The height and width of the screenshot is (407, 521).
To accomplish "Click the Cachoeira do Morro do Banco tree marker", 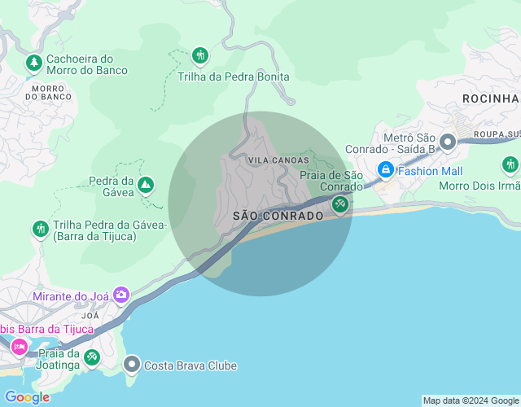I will coord(33,62).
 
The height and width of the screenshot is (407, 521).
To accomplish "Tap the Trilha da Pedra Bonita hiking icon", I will coord(200,56).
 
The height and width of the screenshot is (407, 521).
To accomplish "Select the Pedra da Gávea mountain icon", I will coord(146,186).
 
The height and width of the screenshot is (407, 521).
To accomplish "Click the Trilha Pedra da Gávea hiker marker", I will coord(40,230).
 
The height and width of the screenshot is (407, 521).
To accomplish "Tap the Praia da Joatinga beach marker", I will coord(92,357).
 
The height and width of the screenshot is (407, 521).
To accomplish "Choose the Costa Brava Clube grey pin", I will coord(132,365).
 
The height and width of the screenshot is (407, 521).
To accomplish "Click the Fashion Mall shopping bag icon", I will coord(385,170).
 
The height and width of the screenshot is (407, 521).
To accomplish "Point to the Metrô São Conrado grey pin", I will coord(447,143).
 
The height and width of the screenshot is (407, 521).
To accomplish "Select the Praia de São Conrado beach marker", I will coord(341,204).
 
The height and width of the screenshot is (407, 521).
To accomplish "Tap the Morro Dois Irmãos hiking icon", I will coord(510,164).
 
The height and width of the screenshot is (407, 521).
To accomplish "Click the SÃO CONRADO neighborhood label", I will coord(278,216).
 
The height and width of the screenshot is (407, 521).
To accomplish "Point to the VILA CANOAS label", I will coord(278,160).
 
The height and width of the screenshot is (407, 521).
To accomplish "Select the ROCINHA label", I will coord(490,98).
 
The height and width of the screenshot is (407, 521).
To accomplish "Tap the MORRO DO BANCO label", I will coord(48,91).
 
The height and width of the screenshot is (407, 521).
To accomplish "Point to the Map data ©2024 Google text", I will coord(471,400).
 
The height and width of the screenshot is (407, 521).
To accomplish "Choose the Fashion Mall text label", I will coord(431,171).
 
